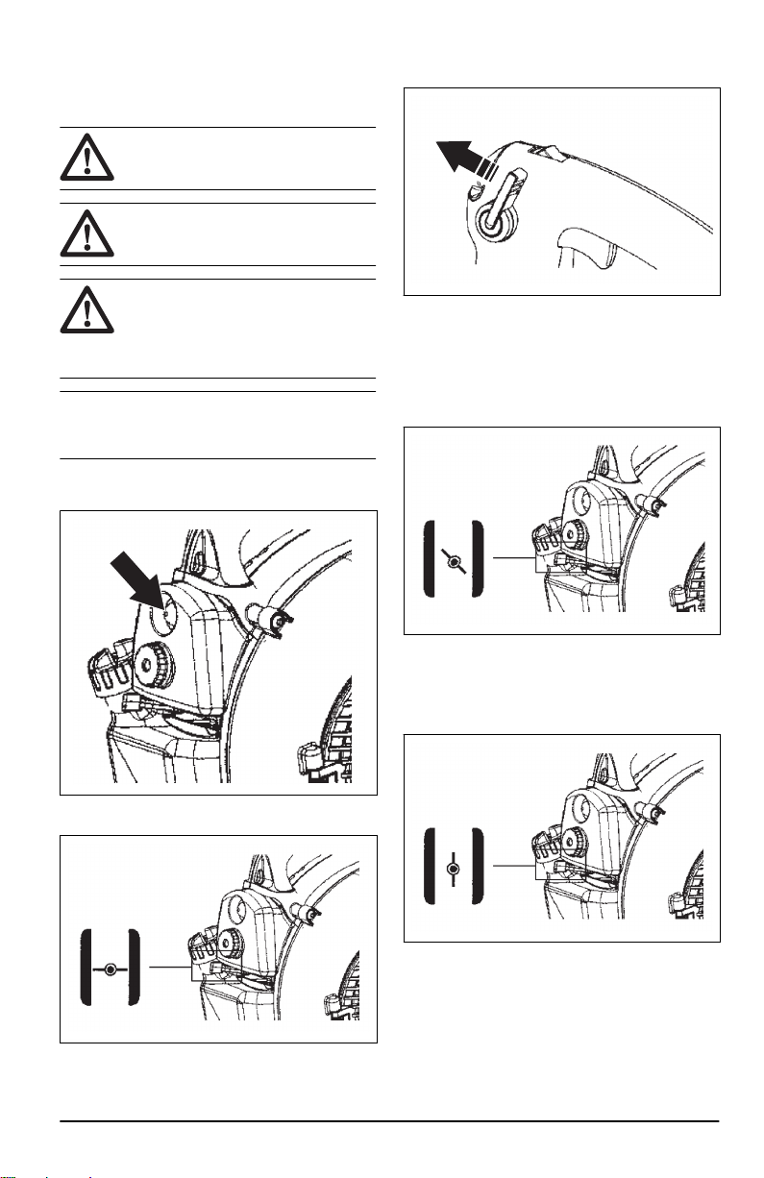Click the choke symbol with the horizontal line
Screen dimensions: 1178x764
[111, 969]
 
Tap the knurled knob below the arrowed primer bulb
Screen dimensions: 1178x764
[152, 663]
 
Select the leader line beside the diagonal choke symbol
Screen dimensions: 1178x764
[512, 558]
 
